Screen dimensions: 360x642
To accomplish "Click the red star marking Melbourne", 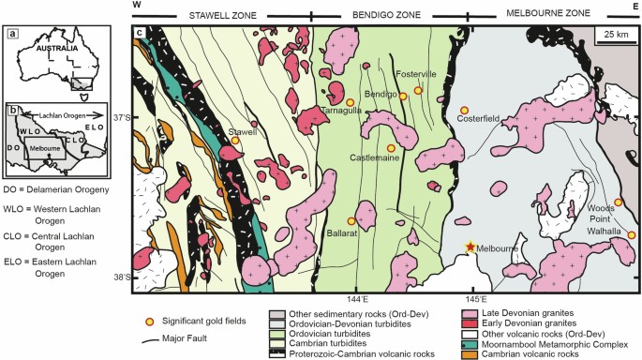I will (470, 246).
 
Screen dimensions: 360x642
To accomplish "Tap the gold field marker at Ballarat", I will (351, 220).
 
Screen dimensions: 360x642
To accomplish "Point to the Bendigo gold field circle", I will (403, 96).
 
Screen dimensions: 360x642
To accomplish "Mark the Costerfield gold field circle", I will (464, 108).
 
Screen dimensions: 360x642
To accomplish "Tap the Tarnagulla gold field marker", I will (350, 101).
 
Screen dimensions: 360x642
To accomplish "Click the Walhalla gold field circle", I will (631, 234).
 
